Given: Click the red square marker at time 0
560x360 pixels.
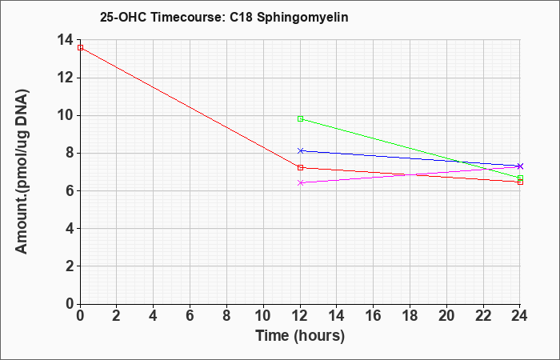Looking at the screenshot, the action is [80, 47].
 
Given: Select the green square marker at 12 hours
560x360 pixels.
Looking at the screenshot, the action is [300, 119].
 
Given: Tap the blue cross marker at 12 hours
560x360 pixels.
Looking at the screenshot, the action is [300, 150].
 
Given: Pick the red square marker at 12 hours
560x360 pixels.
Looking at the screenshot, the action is [300, 167].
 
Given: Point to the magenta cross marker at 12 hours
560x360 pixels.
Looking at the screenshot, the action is [300, 183].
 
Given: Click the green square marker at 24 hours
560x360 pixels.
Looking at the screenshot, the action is [520, 178].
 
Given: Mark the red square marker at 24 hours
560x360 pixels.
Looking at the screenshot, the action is [520, 182].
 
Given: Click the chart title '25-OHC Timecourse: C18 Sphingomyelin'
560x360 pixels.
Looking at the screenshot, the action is [224, 17].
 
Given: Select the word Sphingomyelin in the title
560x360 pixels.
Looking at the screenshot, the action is [302, 18].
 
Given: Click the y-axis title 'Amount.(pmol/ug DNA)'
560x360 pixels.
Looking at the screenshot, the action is [22, 171].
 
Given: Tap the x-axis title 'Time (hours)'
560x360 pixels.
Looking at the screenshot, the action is [300, 336].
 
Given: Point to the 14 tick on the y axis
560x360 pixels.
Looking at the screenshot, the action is [66, 40].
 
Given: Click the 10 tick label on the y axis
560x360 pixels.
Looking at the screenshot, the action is [66, 115].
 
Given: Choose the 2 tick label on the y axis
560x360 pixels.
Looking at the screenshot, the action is [70, 266].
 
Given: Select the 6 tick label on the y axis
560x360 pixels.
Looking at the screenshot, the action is [70, 190].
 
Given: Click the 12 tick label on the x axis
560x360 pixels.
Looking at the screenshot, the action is [300, 316].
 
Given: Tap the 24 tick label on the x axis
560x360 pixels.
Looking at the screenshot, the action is [520, 316].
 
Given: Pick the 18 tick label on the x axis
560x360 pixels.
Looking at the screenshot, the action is [410, 316].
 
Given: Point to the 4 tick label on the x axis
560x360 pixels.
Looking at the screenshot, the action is [154, 316].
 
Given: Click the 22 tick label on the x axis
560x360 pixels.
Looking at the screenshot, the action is [483, 316].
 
